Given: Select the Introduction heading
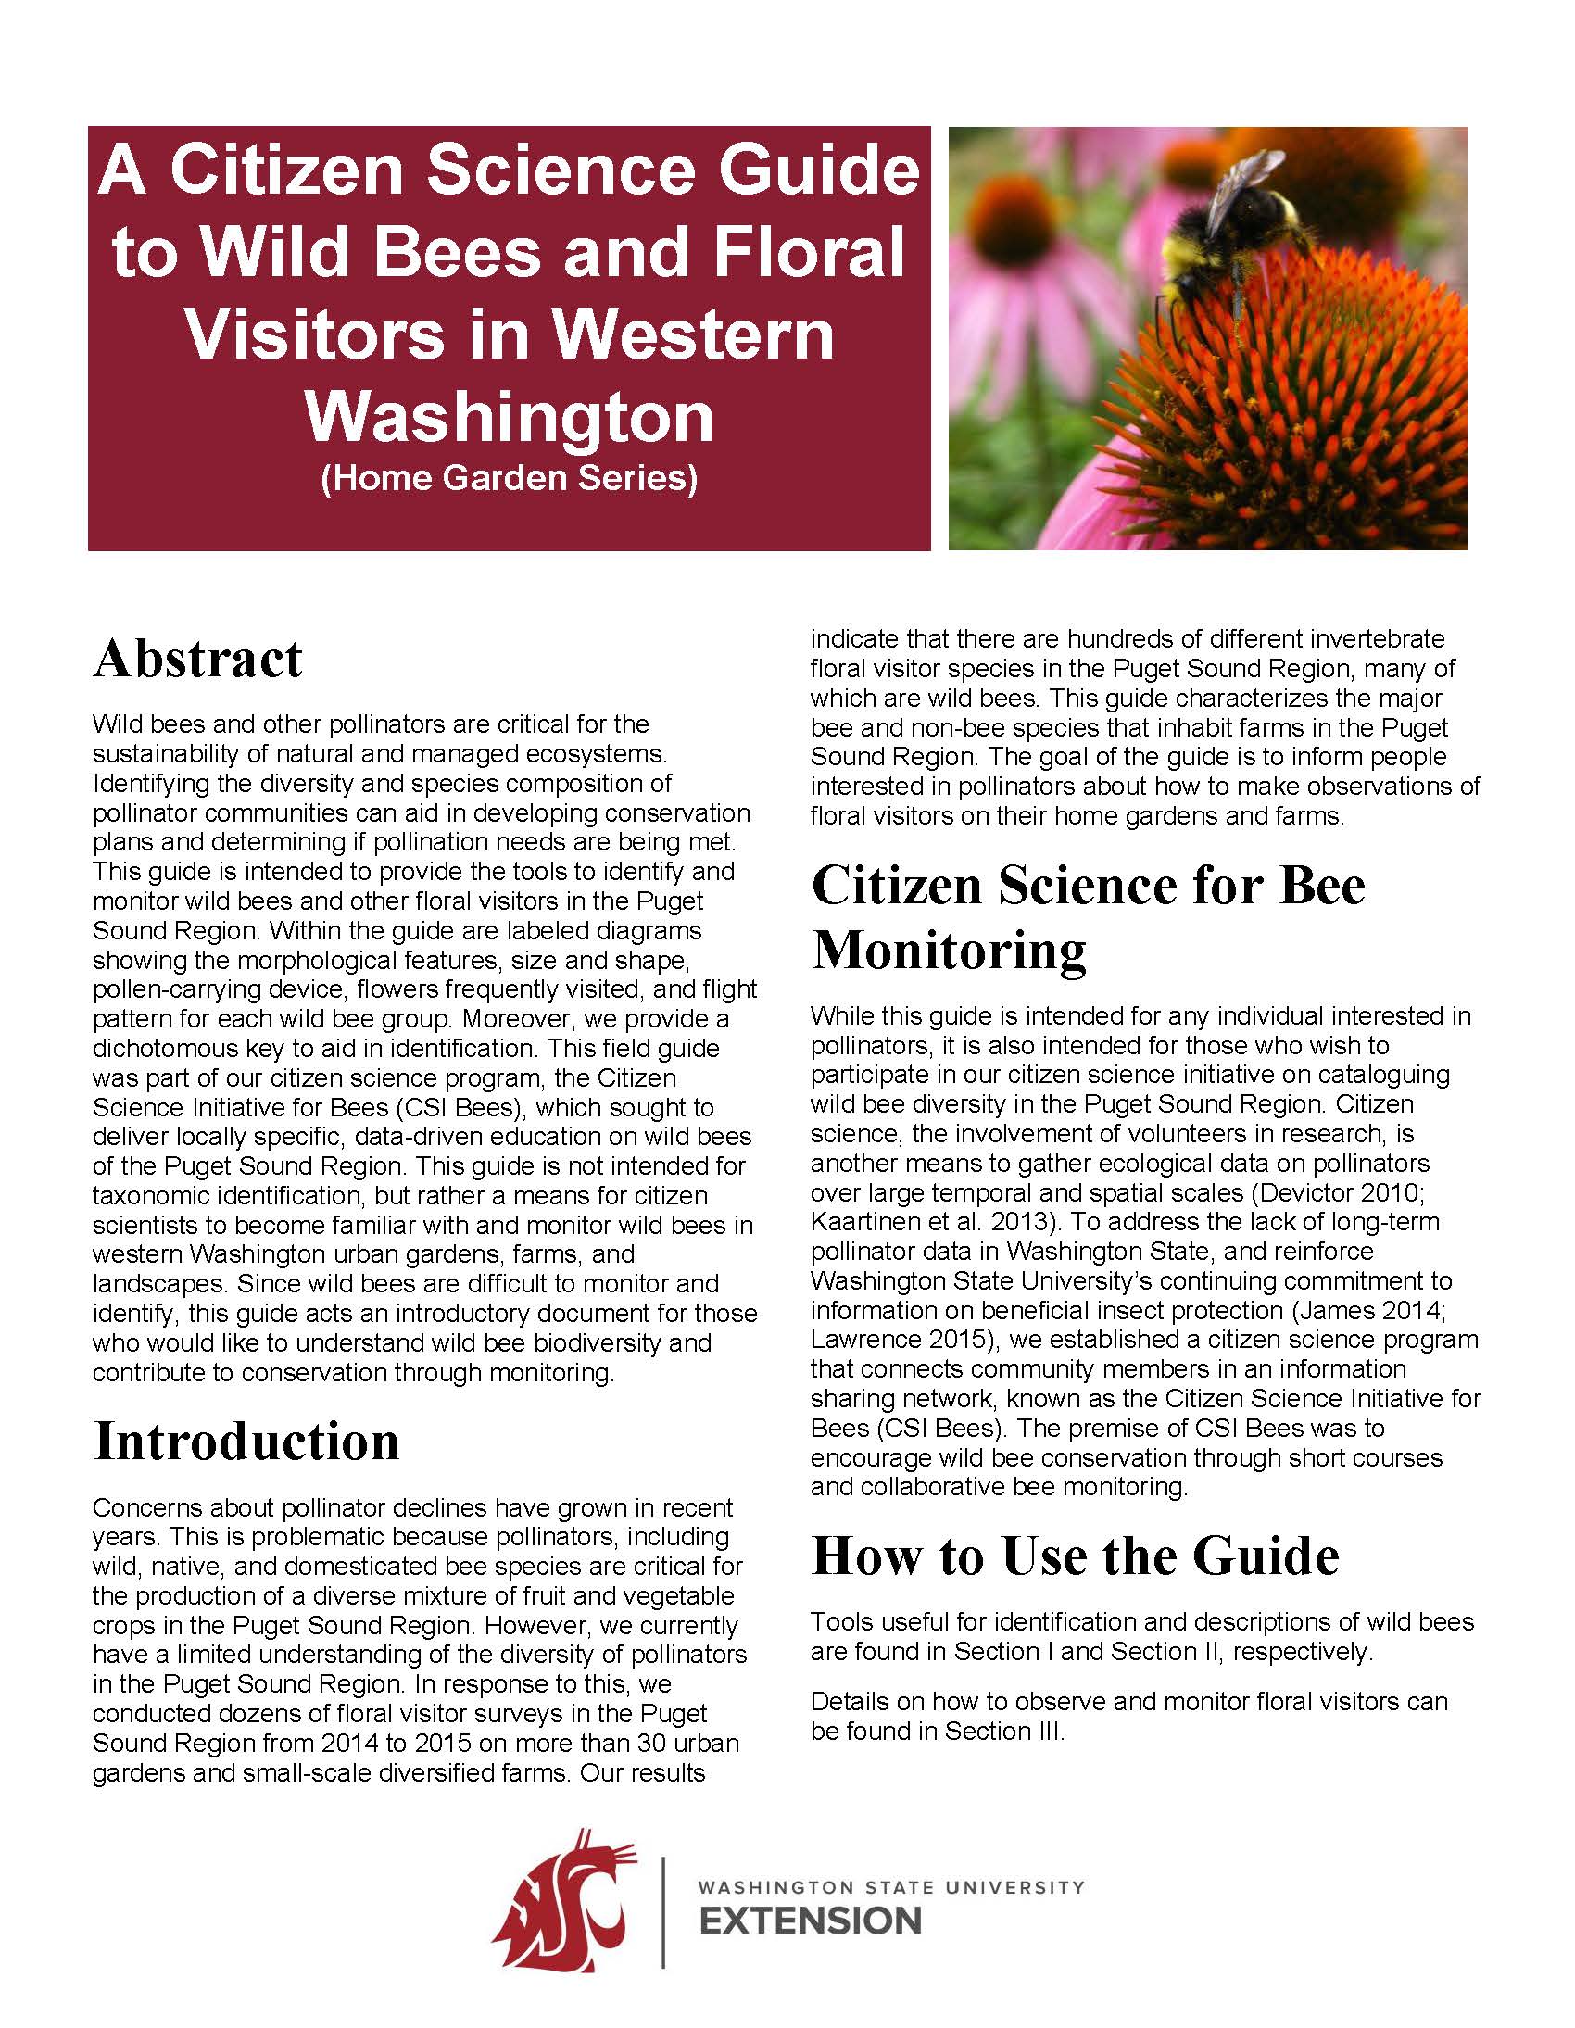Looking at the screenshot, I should pyautogui.click(x=246, y=1442).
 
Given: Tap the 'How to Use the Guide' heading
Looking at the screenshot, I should pyautogui.click(x=1075, y=1556).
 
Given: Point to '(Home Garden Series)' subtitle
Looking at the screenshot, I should pyautogui.click(x=509, y=477).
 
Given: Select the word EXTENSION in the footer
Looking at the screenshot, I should pyautogui.click(x=810, y=1921).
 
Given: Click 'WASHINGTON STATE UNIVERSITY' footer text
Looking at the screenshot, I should pyautogui.click(x=890, y=1888).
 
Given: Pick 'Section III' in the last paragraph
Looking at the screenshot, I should pyautogui.click(x=1003, y=1732).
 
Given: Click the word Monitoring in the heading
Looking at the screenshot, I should pyautogui.click(x=948, y=950).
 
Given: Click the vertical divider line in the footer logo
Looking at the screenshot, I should pyautogui.click(x=663, y=1913).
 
